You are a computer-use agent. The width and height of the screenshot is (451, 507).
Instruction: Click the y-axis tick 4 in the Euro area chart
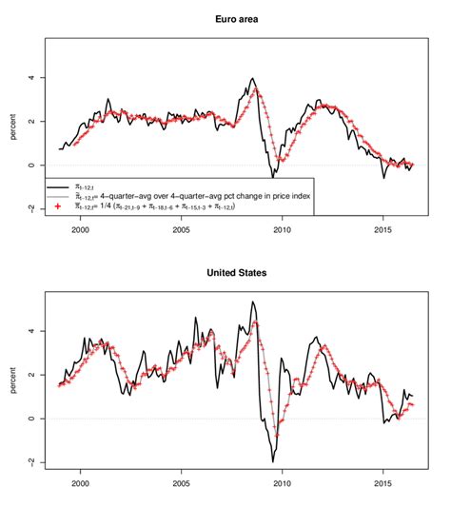tap(31, 77)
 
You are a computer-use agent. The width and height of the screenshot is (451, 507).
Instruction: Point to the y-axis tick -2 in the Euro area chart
tap(31, 208)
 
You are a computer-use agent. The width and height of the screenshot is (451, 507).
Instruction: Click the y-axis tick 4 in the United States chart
tap(31, 331)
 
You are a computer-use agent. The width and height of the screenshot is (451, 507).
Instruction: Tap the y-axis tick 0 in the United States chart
tap(31, 419)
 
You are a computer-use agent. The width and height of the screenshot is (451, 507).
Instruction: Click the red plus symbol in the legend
tap(58, 205)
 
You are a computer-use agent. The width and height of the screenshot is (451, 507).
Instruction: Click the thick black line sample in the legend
tap(58, 186)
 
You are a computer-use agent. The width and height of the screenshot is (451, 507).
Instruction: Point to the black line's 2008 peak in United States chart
tap(252, 302)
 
